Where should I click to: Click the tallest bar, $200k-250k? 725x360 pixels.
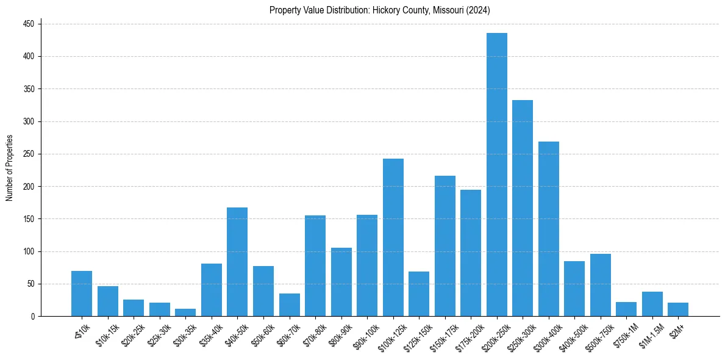[496, 175]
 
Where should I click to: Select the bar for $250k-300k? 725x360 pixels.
[523, 208]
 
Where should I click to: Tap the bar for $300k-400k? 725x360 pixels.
[548, 229]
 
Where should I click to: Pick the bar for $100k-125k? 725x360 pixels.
[393, 237]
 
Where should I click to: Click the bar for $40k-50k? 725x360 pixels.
[237, 262]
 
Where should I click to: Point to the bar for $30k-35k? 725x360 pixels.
[185, 312]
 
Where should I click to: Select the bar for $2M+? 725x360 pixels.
[678, 309]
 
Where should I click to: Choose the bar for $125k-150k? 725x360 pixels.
[419, 294]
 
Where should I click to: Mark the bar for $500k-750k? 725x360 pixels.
[600, 285]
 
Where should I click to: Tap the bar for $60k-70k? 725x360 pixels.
[289, 305]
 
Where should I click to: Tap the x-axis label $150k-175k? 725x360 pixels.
[441, 336]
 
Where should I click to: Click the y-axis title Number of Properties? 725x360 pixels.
[9, 168]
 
